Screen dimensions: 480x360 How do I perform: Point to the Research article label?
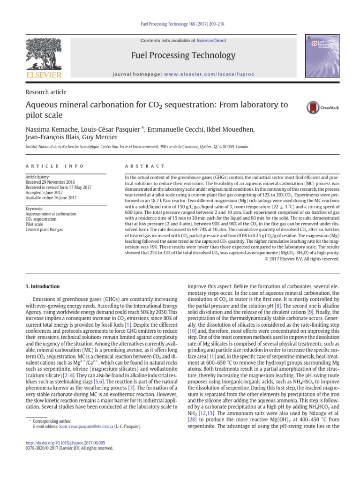[x=45, y=92]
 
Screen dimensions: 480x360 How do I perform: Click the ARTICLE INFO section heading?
[x=54, y=166]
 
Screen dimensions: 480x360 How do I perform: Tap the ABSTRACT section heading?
[x=144, y=166]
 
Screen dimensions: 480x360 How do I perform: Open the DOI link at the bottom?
[x=65, y=442]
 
